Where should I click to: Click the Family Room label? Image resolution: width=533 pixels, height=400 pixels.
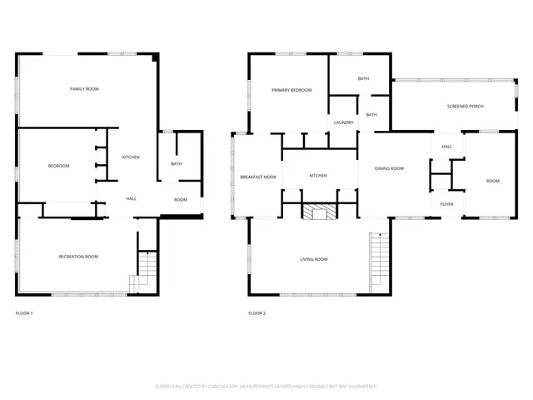click(x=84, y=88)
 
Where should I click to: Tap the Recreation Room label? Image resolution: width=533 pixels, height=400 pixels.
click(x=78, y=257)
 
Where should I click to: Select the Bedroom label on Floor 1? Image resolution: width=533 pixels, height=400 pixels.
click(x=58, y=166)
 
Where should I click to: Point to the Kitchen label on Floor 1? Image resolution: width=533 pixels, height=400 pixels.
click(x=131, y=157)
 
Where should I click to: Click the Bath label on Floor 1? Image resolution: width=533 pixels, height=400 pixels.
click(x=177, y=163)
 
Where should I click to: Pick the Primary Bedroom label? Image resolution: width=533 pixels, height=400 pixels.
click(x=291, y=90)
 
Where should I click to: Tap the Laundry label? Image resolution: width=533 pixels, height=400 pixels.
click(x=344, y=122)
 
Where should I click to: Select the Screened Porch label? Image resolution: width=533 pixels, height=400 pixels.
click(x=465, y=106)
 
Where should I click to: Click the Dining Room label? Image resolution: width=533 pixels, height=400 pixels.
click(x=389, y=168)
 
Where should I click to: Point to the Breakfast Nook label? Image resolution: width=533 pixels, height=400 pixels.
click(x=258, y=177)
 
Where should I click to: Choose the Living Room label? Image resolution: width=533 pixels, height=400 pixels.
click(x=314, y=259)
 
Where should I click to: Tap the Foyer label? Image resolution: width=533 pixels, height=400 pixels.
click(x=447, y=203)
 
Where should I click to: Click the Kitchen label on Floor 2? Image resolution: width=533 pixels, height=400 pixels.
click(x=318, y=176)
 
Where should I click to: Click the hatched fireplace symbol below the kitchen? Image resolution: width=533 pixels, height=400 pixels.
click(x=316, y=213)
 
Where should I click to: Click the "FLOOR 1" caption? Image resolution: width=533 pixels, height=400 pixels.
click(x=24, y=313)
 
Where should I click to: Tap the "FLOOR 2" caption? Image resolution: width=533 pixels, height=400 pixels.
click(x=257, y=313)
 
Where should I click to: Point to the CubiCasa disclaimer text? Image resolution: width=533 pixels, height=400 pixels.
click(x=266, y=387)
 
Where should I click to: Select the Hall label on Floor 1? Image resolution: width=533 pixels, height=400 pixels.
click(x=132, y=198)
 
